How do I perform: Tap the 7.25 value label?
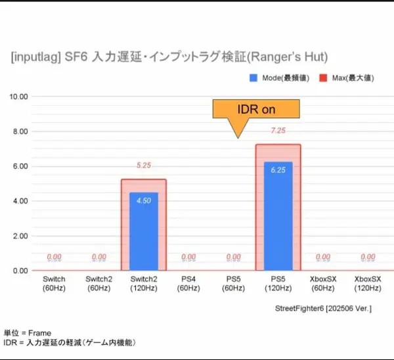277,131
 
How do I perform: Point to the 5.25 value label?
143,166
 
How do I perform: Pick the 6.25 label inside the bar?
277,170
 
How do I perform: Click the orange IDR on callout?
256,109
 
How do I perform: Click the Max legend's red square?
322,78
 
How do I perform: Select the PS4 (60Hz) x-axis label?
188,284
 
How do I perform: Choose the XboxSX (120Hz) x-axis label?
367,284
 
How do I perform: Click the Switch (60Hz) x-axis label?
54,284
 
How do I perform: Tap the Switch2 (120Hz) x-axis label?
144,284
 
